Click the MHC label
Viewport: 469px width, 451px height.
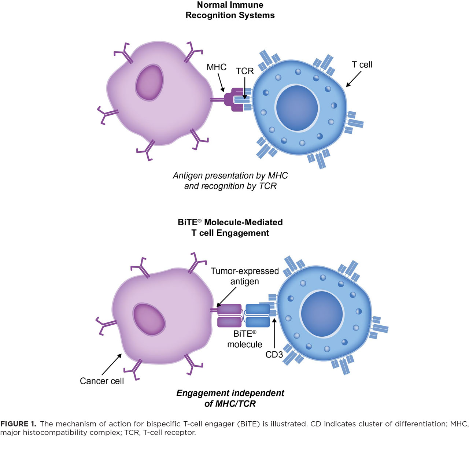(216, 67)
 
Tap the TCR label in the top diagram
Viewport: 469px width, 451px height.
(245, 71)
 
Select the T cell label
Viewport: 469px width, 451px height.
(362, 64)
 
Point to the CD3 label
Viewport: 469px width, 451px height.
(274, 355)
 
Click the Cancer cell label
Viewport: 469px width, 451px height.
(102, 381)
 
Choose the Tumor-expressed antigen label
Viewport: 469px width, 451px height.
(245, 276)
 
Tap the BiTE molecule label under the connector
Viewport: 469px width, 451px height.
(245, 339)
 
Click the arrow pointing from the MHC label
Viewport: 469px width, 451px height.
(221, 82)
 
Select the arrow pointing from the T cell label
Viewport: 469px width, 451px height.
(354, 79)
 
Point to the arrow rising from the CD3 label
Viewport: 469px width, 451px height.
(274, 333)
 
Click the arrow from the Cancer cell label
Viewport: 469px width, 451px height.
(112, 364)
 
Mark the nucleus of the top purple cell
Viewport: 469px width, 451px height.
(149, 82)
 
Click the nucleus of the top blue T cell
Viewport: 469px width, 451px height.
(297, 108)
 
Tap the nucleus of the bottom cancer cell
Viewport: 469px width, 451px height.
(149, 319)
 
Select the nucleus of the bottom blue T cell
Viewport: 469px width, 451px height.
(322, 314)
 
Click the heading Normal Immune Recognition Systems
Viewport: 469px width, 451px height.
(230, 10)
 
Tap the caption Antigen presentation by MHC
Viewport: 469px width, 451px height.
(230, 175)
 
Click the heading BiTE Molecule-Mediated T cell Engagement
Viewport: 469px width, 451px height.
(230, 227)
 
